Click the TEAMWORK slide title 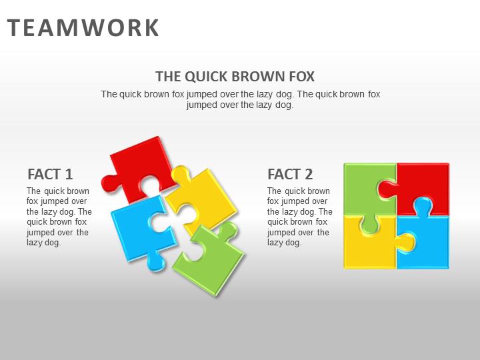click(x=83, y=28)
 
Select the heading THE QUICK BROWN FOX click(x=235, y=76)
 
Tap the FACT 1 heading click(x=50, y=175)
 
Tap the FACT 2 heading click(x=290, y=175)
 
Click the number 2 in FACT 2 click(x=308, y=175)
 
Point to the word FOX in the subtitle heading click(x=299, y=76)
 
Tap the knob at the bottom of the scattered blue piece click(x=155, y=263)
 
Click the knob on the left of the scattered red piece click(x=109, y=182)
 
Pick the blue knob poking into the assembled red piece click(x=421, y=205)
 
